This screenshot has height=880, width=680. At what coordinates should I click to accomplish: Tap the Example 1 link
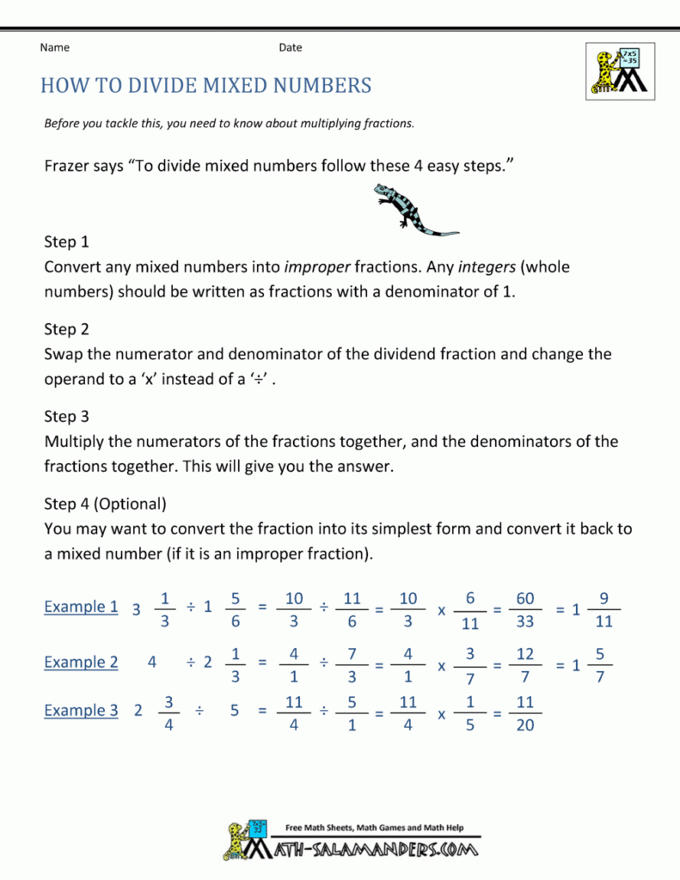[81, 607]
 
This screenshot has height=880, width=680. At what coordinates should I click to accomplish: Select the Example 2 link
[81, 662]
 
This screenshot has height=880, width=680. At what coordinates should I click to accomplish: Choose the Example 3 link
[81, 711]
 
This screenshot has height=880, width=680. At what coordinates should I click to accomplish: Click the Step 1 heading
[66, 241]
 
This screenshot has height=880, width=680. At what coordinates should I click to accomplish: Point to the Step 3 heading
[66, 417]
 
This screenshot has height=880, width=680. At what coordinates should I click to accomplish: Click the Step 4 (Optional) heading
[105, 504]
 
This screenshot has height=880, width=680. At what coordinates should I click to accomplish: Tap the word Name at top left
[54, 47]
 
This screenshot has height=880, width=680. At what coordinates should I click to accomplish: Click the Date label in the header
[290, 47]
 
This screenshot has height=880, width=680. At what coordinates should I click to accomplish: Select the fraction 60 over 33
[525, 609]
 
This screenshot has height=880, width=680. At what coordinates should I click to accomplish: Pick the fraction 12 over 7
[525, 664]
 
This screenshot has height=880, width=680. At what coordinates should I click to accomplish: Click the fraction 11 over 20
[525, 713]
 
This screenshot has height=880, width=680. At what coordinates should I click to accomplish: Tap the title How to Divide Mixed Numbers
[206, 85]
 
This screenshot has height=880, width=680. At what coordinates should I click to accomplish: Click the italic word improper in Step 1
[316, 267]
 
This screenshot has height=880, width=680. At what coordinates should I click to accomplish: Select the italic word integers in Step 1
[487, 267]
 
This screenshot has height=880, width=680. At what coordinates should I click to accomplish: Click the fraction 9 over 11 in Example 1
[604, 609]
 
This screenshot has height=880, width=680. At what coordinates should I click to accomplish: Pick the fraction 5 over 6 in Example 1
[235, 609]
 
